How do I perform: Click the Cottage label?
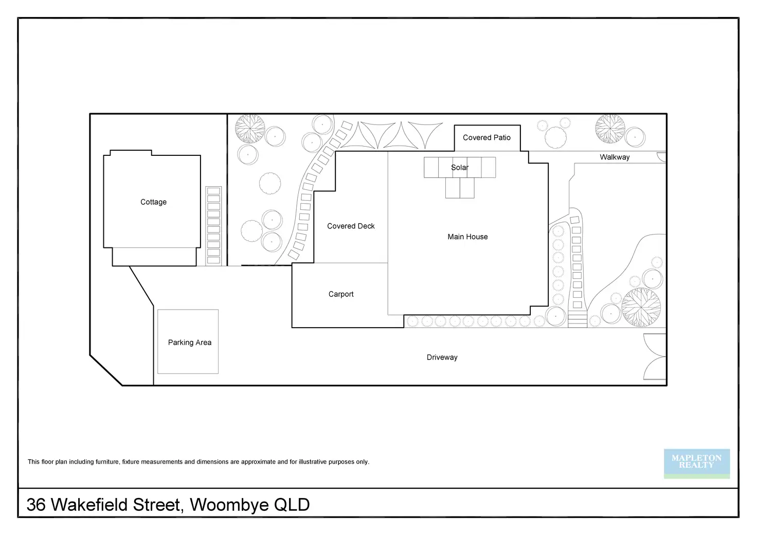pyautogui.click(x=153, y=202)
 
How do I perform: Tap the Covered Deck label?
pyautogui.click(x=351, y=226)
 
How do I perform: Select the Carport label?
pyautogui.click(x=341, y=294)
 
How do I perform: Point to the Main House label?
pyautogui.click(x=467, y=237)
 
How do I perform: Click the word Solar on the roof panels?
pyautogui.click(x=460, y=168)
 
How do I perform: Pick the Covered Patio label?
pyautogui.click(x=486, y=138)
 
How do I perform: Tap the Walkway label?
pyautogui.click(x=615, y=157)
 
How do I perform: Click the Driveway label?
pyautogui.click(x=442, y=358)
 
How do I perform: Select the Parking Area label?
pyautogui.click(x=189, y=343)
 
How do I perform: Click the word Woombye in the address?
pyautogui.click(x=230, y=505)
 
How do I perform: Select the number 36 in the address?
pyautogui.click(x=36, y=505)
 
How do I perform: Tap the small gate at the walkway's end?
pyautogui.click(x=662, y=157)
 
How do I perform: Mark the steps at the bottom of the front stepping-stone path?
pyautogui.click(x=577, y=320)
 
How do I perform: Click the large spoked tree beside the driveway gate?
pyautogui.click(x=641, y=307)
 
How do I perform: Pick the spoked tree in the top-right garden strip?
pyautogui.click(x=610, y=129)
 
